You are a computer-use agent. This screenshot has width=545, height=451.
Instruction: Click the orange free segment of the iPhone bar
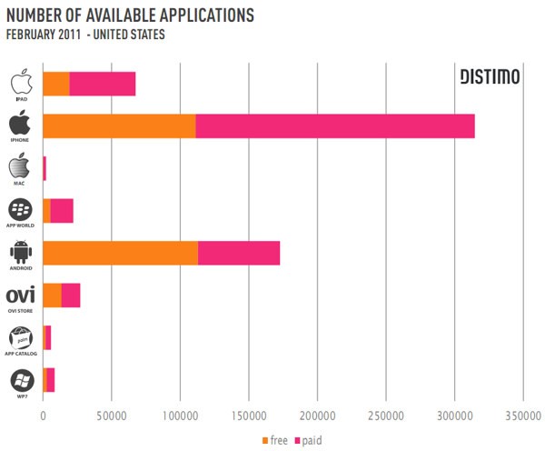[x=119, y=125]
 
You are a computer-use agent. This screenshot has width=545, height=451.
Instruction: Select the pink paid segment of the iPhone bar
[x=334, y=125]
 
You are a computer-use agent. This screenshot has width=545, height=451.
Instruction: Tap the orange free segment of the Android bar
[x=120, y=253]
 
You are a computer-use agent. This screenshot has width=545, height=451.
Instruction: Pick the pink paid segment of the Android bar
[x=239, y=253]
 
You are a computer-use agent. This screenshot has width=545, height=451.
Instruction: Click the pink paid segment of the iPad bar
[x=102, y=83]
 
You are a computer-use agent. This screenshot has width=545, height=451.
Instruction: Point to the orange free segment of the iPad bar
[x=56, y=83]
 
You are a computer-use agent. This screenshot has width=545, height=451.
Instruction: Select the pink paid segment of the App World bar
[x=62, y=210]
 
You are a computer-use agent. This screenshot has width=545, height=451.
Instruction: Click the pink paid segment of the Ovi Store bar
[x=70, y=296]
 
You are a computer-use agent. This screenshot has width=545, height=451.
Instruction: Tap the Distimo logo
[x=490, y=78]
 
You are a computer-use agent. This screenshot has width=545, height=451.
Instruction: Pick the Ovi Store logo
[x=20, y=295]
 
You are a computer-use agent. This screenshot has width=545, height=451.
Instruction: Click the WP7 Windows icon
[x=21, y=379]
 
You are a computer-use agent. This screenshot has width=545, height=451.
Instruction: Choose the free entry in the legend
[x=274, y=440]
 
